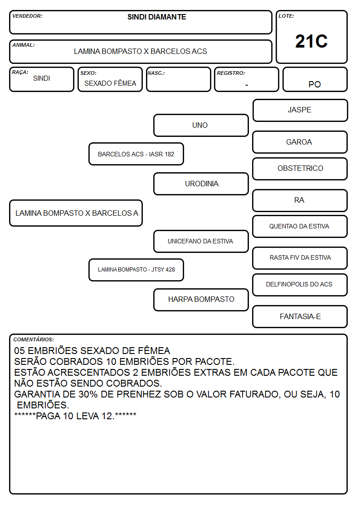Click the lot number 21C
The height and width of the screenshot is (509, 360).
pyautogui.click(x=311, y=41)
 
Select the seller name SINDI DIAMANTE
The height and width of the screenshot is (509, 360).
pyautogui.click(x=157, y=17)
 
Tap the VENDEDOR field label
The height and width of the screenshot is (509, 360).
pyautogui.click(x=27, y=16)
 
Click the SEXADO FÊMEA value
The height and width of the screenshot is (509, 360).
pyautogui.click(x=110, y=83)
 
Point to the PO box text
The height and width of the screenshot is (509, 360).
pyautogui.click(x=315, y=84)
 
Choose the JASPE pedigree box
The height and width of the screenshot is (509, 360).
pyautogui.click(x=300, y=111)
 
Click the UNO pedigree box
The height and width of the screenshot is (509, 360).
pyautogui.click(x=201, y=125)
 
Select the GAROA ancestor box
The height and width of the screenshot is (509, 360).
pyautogui.click(x=300, y=142)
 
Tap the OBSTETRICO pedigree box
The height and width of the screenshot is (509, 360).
pyautogui.click(x=300, y=169)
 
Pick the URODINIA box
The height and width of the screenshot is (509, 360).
pyautogui.click(x=201, y=184)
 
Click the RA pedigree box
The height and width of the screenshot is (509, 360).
pyautogui.click(x=300, y=201)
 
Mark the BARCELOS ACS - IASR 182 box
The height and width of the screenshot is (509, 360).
pyautogui.click(x=136, y=154)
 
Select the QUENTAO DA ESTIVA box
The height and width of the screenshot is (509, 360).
pyautogui.click(x=300, y=226)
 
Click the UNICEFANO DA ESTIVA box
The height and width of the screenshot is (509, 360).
pyautogui.click(x=201, y=241)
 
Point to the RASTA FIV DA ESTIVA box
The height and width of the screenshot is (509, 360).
pyautogui.click(x=300, y=258)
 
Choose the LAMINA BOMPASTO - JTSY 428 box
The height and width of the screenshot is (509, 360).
pyautogui.click(x=136, y=270)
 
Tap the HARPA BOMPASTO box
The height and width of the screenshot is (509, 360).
pyautogui.click(x=201, y=300)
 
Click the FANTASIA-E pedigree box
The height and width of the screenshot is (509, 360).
pyautogui.click(x=300, y=316)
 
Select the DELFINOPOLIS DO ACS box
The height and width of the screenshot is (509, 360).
pyautogui.click(x=300, y=285)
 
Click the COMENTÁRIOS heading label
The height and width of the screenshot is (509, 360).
pyautogui.click(x=34, y=339)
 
